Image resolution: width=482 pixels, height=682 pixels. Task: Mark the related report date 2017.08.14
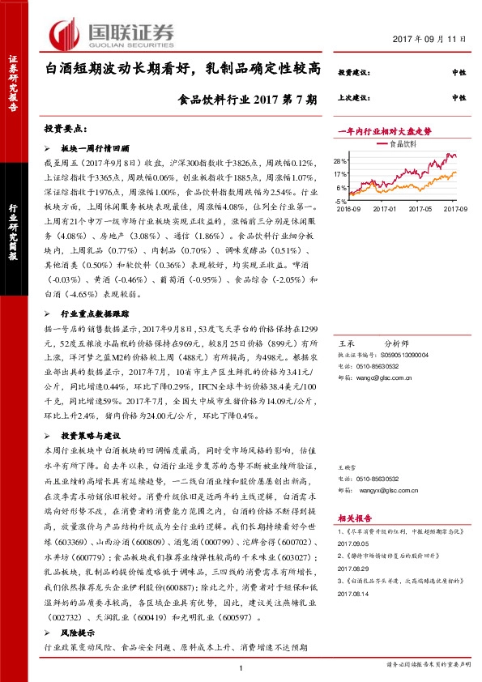(352, 616)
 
